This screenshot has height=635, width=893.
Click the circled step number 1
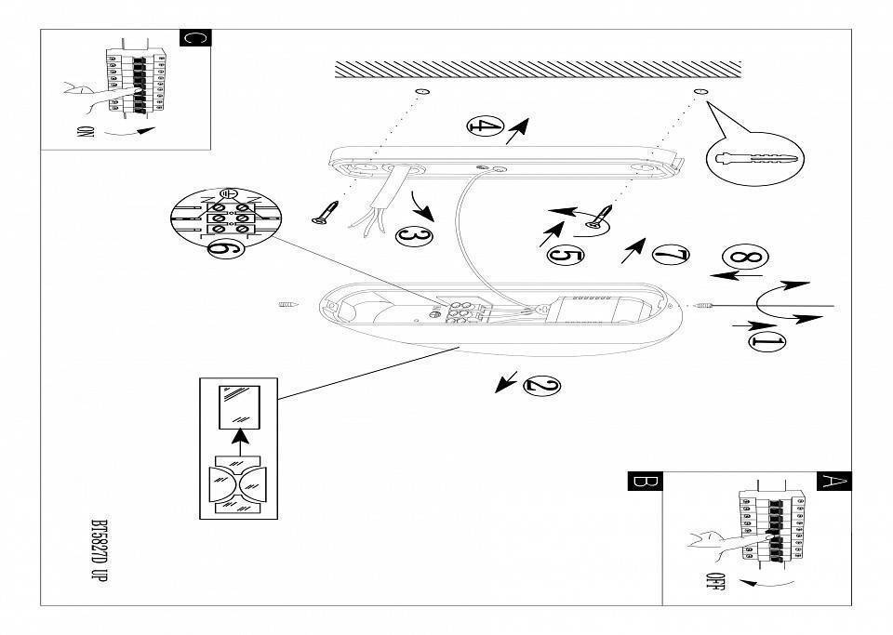pos(767,342)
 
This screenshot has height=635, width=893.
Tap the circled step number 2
pos(542,385)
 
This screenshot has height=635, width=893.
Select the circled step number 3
pos(414,236)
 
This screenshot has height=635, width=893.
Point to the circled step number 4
pos(486,127)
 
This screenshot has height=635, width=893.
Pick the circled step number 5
pos(566,255)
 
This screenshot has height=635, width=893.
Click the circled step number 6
pos(223,249)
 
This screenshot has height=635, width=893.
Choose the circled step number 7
pos(671,254)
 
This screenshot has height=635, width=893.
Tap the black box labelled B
pos(645,482)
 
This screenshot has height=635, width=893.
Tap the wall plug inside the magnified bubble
pos(755,157)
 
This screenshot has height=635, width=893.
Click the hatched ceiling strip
pos(538,70)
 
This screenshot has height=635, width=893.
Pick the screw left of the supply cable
pos(327,212)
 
